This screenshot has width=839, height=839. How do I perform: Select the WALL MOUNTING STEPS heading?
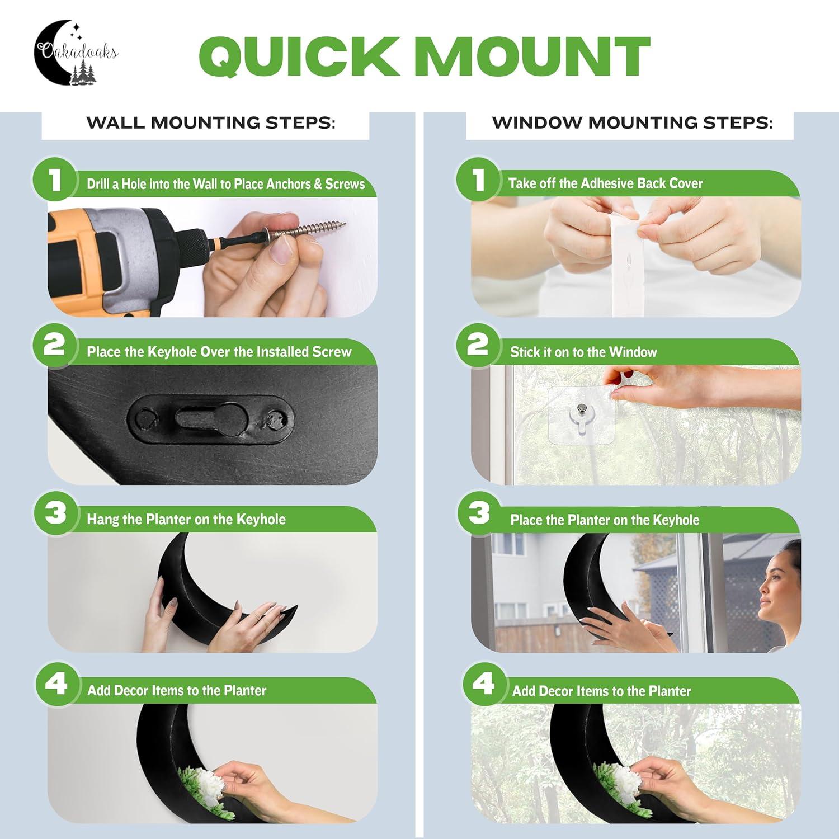tap(211, 123)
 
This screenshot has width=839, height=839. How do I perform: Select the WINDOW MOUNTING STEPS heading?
tap(632, 123)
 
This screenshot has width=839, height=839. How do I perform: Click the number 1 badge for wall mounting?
tap(54, 180)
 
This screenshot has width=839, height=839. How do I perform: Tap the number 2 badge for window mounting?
tap(478, 345)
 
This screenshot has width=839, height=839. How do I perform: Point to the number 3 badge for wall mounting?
tap(55, 512)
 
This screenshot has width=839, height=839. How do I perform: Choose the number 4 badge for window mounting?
tap(483, 684)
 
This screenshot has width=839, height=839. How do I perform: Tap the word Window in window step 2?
tap(633, 352)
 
